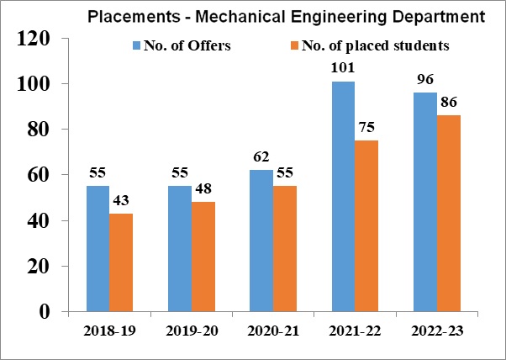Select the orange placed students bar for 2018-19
coord(121,262)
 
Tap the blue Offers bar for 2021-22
coord(343,197)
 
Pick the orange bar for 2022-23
coord(448,214)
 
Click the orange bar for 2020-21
coord(285,249)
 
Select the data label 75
coord(366,130)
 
